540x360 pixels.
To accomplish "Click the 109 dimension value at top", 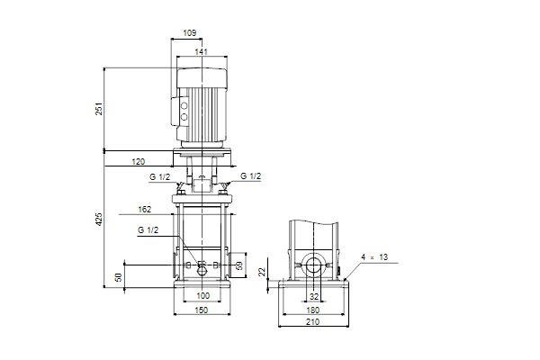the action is pos(189,32).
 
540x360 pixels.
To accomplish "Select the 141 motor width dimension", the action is pos(201,51).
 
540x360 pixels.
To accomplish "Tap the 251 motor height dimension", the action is pos(99,109).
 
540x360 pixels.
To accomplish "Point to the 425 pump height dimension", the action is pos(99,220).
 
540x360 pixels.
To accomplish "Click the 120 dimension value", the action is pos(139,162).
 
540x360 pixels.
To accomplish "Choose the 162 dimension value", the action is pos(145,210).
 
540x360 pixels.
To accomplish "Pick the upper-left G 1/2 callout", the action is pos(159,177).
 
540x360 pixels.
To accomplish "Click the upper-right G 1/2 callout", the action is pos(251,176).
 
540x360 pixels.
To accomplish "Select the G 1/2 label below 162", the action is pos(148,230).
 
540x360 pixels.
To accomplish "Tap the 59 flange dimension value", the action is pos(239,265).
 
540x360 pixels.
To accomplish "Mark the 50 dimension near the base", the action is pos(119,277).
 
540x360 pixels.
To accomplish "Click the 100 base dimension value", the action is pos(202,295).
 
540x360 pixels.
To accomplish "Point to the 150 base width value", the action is pos(202,310).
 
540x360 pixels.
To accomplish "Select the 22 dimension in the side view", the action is pos(263,272).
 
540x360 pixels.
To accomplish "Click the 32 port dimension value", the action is pos(314,296).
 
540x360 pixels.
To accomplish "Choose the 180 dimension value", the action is pos(312,310).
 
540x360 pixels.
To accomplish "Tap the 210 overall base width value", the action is pos(312,322).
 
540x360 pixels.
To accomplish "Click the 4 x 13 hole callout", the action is pos(374,257).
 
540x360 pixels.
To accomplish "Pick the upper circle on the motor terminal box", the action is pos(184,106).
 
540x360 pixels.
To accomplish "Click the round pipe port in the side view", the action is pos(314,266).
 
